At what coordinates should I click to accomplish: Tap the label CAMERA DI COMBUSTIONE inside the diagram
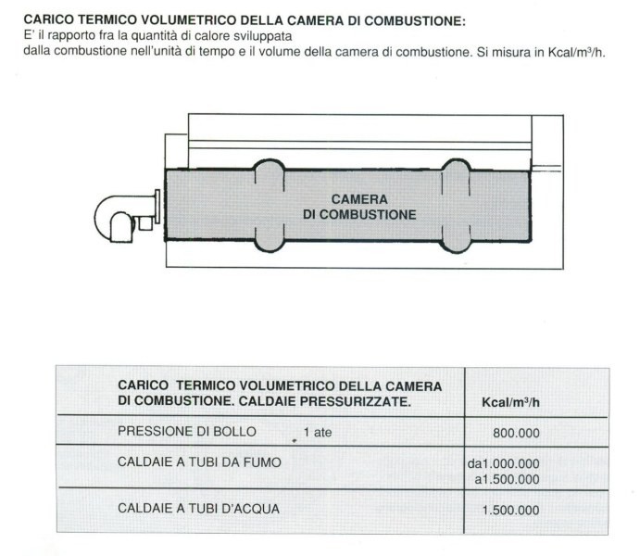tap(359, 207)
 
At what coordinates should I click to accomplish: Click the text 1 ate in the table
tap(317, 432)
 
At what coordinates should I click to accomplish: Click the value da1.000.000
tap(504, 463)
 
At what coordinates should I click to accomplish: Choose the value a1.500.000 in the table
tap(506, 478)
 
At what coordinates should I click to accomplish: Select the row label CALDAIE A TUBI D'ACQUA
tap(198, 508)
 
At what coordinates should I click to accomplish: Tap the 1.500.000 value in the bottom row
tap(510, 510)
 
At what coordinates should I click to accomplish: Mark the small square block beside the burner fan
tap(145, 222)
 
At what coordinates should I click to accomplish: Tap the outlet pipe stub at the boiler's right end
tap(546, 169)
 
